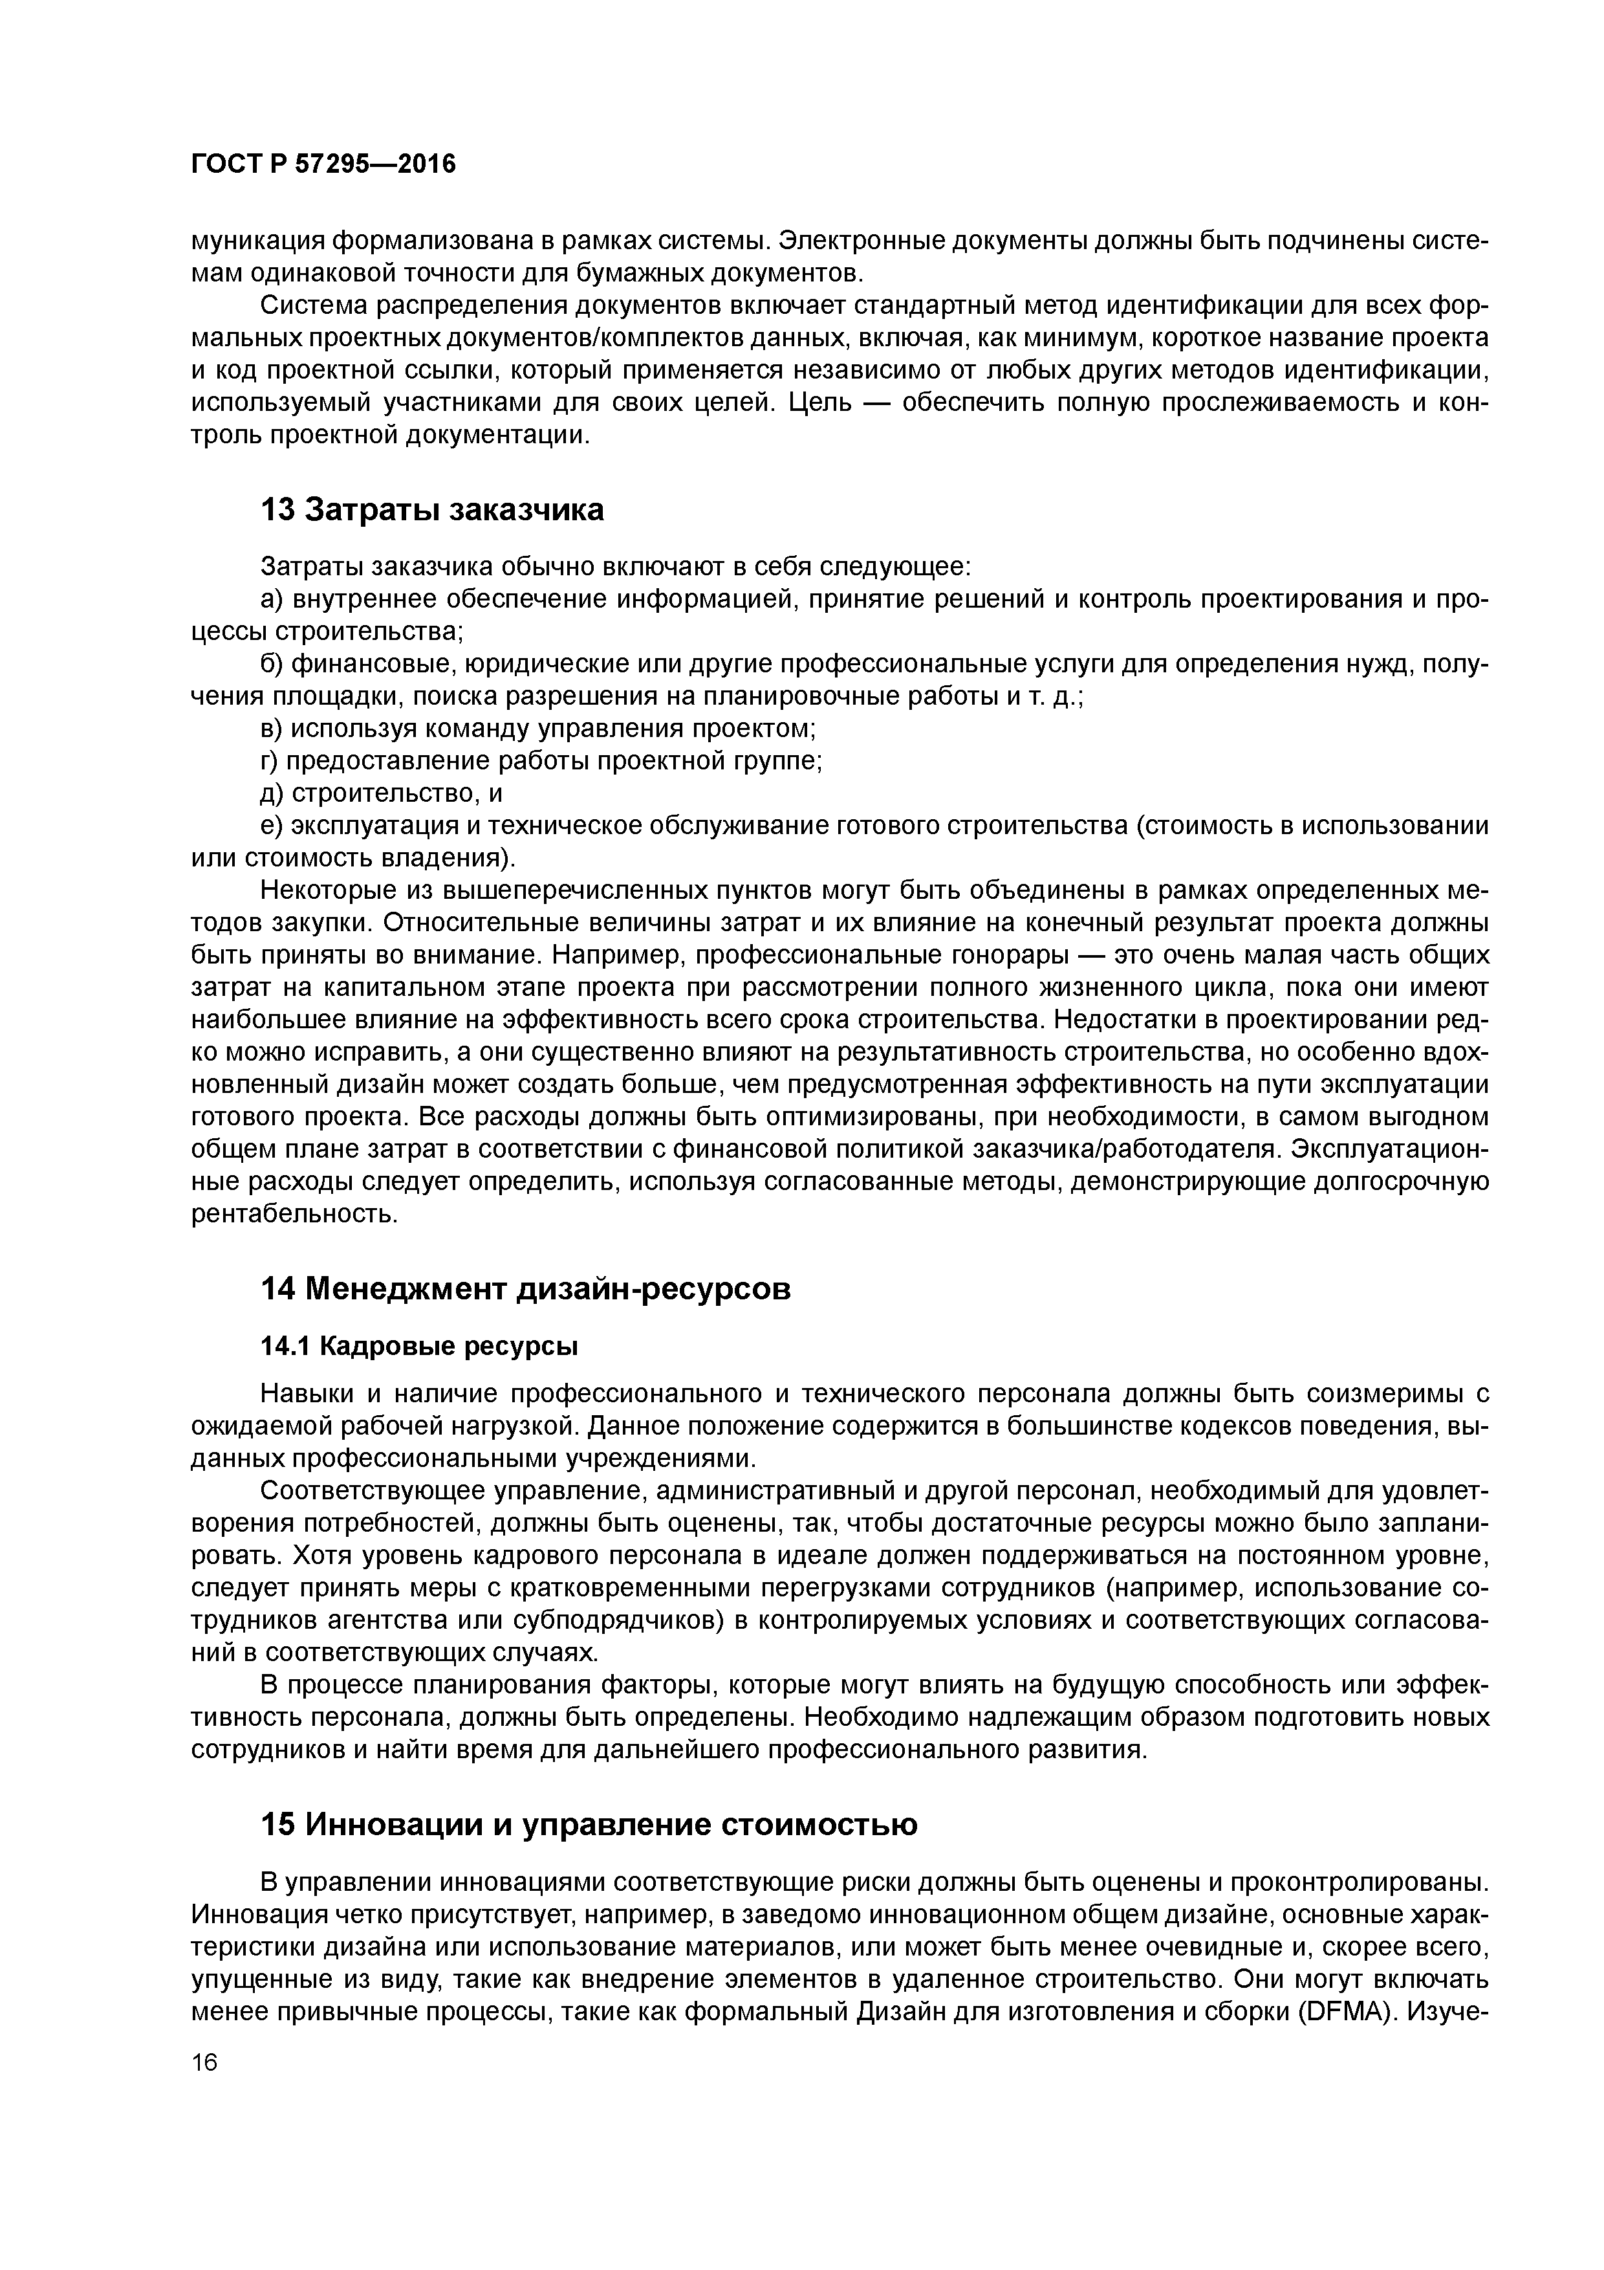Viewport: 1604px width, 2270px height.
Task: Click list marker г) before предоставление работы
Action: point(271,761)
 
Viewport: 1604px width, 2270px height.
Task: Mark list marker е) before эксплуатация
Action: point(272,826)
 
